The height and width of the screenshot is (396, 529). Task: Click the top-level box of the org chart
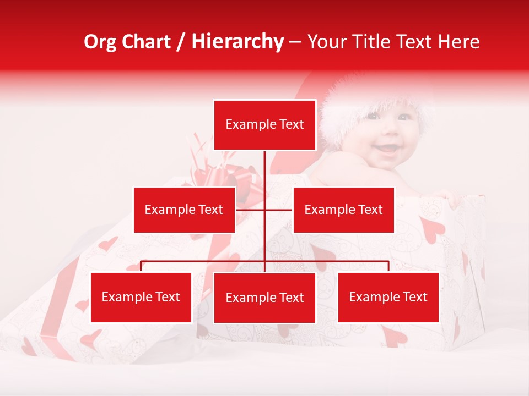coord(264,125)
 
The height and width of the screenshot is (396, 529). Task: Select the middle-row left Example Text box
coord(184,210)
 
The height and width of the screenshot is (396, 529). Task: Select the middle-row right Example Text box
coord(343,210)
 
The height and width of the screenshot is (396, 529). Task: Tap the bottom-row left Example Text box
coord(141,297)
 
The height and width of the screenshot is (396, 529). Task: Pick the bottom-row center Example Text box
coord(264,298)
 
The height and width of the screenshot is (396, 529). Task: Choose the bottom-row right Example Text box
coord(388,297)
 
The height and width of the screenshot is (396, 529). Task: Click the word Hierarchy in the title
coord(237,42)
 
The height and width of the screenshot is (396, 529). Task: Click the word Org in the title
coord(100,42)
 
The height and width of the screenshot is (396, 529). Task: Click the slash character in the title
coord(181,42)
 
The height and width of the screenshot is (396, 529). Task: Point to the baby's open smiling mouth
coord(389,147)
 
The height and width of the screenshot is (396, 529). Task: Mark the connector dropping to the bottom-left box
coord(141,266)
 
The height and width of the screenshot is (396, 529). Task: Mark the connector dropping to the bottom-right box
coord(388,266)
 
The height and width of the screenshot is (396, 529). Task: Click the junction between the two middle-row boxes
coord(264,210)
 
